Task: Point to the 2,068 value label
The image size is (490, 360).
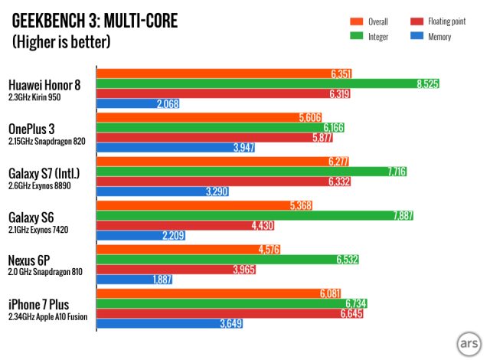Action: [x=167, y=103]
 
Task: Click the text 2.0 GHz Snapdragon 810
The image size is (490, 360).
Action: [x=45, y=272]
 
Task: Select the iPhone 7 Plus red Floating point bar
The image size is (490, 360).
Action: [x=229, y=314]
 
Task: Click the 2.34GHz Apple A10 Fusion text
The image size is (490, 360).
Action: [x=51, y=316]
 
